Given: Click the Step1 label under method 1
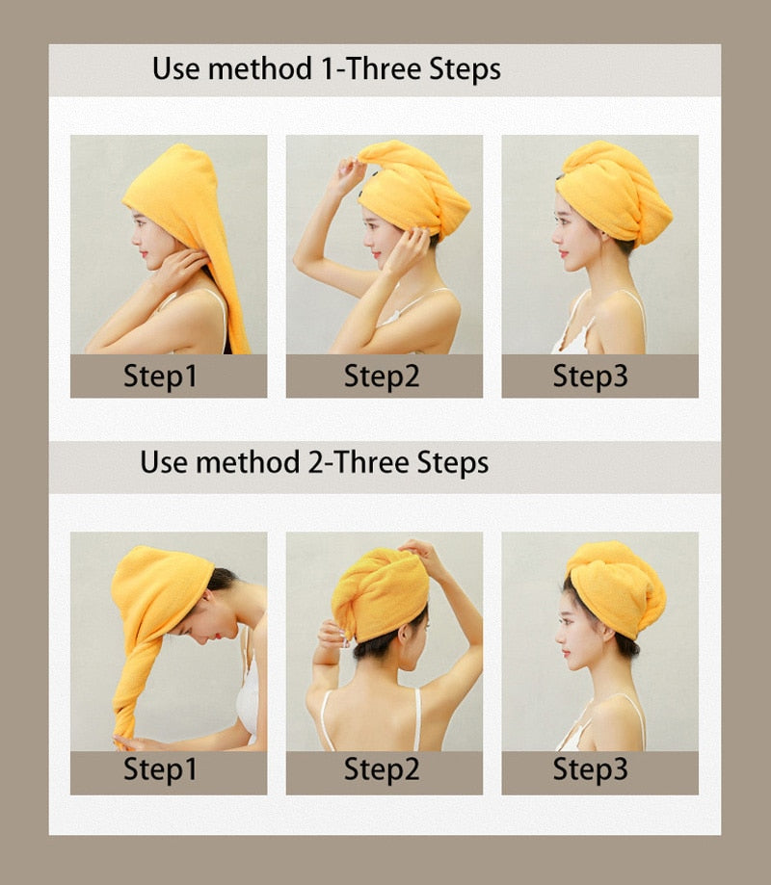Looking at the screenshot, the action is (160, 376).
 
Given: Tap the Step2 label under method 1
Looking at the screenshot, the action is (382, 376).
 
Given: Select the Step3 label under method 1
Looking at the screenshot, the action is (590, 376).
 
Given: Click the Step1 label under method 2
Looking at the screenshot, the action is (160, 768).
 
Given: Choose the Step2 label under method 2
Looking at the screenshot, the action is (382, 768).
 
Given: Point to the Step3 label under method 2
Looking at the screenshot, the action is (590, 768).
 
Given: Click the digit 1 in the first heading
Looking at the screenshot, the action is (327, 69).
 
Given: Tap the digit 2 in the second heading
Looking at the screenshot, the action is (315, 463).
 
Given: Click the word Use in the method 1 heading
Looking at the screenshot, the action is (175, 69).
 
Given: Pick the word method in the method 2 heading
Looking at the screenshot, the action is (248, 463).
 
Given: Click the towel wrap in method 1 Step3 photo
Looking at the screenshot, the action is (614, 192).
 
